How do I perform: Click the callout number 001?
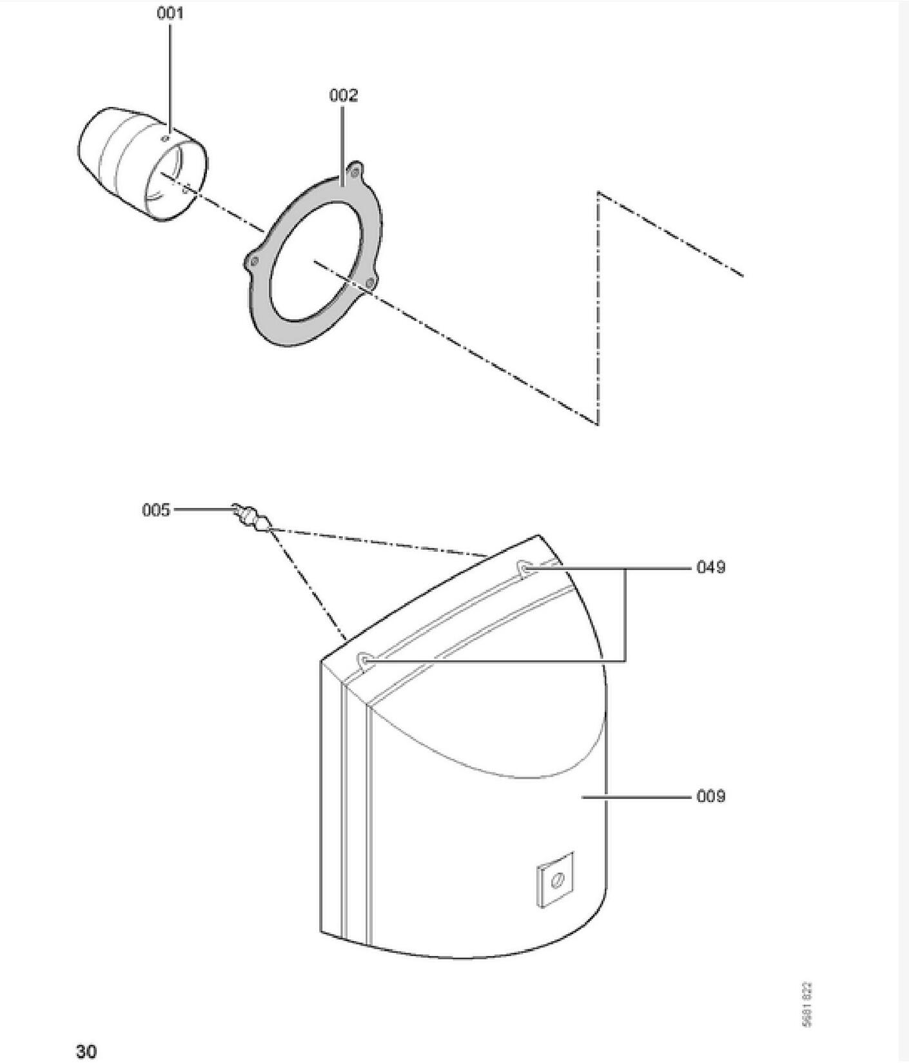point(170,14)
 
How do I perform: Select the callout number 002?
point(343,95)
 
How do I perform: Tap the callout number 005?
point(156,511)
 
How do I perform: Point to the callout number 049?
point(710,567)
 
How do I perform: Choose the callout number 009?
point(710,797)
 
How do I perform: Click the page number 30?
point(86,1051)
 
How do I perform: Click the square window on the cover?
point(555,880)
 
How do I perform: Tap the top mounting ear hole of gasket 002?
point(353,171)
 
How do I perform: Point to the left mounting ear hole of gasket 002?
point(254,261)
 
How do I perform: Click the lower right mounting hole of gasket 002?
point(369,283)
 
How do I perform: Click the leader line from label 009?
point(635,797)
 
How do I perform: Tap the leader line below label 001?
point(170,77)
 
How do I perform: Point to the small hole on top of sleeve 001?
point(166,137)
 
